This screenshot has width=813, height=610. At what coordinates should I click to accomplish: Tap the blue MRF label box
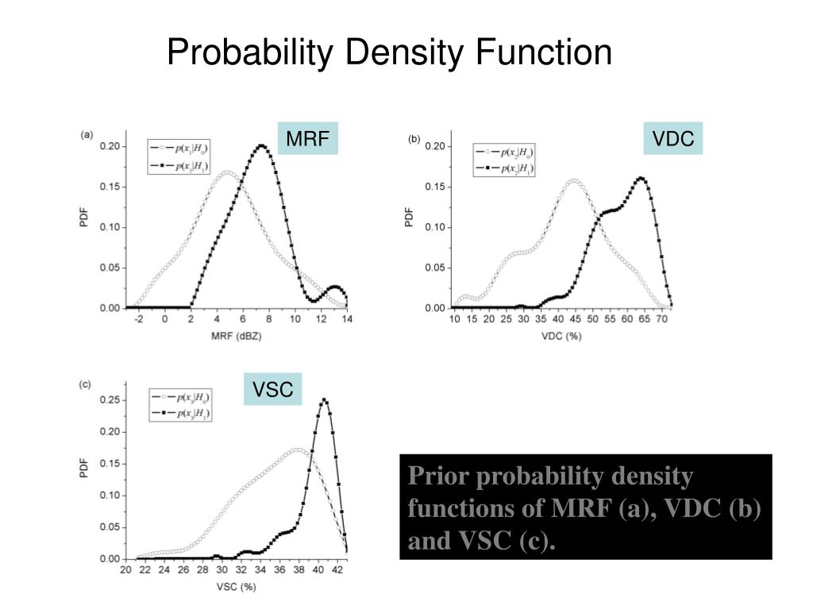[x=307, y=139]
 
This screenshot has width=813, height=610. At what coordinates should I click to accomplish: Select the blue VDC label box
[x=673, y=139]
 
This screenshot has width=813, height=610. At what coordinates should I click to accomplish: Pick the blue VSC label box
[x=273, y=389]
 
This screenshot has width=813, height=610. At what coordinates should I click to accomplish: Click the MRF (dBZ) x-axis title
[x=236, y=335]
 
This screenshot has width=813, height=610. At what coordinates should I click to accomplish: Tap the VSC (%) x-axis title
[x=236, y=587]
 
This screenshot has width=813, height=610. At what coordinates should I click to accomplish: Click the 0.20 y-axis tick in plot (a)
[x=110, y=146]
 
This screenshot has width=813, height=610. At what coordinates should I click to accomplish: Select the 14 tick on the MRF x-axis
[x=347, y=319]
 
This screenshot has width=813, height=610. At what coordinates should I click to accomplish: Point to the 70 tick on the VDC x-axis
[x=661, y=319]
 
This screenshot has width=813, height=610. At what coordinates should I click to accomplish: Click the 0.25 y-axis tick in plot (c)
[x=110, y=400]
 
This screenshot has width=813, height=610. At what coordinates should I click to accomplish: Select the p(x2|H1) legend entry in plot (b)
[x=505, y=168]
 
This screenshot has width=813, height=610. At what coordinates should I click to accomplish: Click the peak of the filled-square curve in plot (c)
[x=324, y=400]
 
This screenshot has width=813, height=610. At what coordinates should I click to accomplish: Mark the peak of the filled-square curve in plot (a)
[x=262, y=145]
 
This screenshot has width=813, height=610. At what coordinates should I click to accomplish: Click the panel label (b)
[x=414, y=138]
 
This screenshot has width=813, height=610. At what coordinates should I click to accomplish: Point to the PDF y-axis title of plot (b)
[x=410, y=217]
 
